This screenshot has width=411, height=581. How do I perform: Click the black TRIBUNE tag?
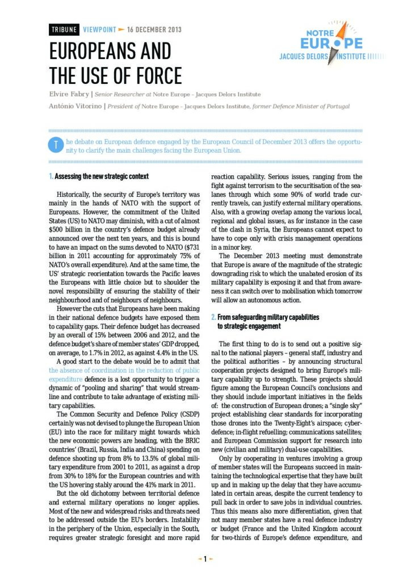(x=64, y=30)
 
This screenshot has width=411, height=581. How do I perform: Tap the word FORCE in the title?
(x=155, y=75)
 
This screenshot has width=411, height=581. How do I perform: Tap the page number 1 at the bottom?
(x=205, y=559)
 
